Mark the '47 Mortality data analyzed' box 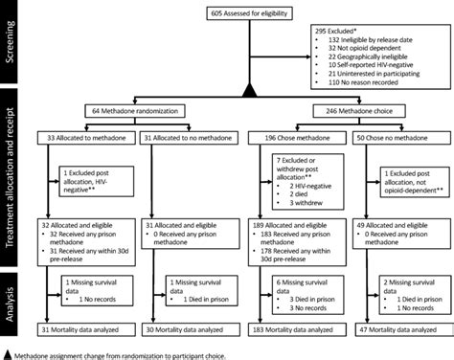397,329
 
